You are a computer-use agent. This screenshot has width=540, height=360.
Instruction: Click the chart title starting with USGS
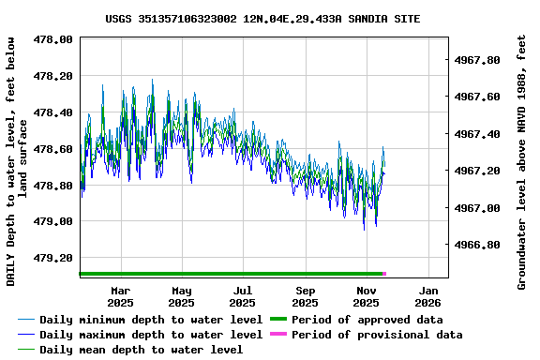coord(262,19)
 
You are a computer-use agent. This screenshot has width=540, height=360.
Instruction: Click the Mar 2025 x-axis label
coord(120,296)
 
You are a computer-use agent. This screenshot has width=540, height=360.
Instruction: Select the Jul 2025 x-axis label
coord(243,296)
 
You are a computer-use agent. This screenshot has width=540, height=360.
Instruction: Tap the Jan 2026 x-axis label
coord(427,296)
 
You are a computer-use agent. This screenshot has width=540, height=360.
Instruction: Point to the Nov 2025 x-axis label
coord(366,296)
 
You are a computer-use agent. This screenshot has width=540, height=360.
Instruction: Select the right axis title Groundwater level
coord(522,161)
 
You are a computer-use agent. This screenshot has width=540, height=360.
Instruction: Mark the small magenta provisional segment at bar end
coord(384,274)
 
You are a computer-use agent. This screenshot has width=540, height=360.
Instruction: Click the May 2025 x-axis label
coord(182,296)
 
